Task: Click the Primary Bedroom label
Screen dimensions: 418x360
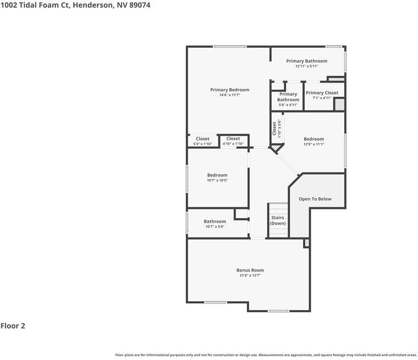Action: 229,90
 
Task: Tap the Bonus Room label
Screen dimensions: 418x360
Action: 250,270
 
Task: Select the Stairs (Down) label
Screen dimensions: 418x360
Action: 278,220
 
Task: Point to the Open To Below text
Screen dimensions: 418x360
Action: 315,199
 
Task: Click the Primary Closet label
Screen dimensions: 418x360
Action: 322,93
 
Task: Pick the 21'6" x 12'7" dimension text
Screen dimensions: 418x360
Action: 250,275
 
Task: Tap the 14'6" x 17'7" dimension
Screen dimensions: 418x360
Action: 230,95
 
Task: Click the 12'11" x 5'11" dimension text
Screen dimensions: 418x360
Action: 306,66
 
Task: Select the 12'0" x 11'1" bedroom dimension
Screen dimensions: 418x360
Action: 313,144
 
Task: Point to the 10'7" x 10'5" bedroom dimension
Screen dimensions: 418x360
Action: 217,180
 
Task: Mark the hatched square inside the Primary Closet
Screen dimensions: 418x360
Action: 339,104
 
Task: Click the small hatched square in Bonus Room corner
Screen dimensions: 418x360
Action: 307,243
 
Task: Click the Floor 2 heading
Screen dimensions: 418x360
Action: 13,326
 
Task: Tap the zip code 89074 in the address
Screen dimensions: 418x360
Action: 140,5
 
